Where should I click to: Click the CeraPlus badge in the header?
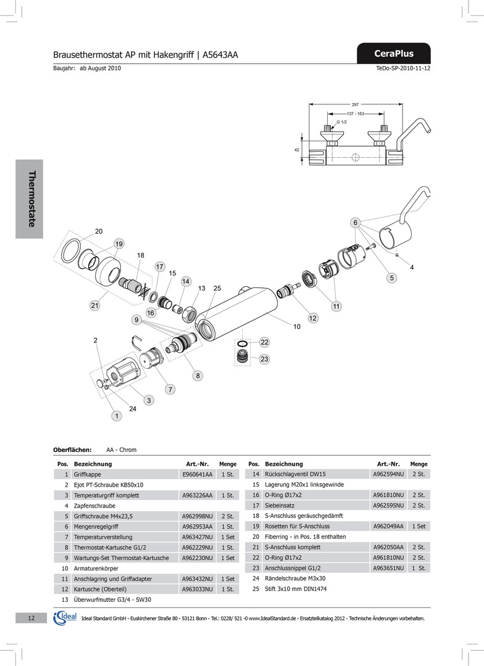[394, 54]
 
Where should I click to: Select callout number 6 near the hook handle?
[356, 222]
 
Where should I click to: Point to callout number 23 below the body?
[264, 358]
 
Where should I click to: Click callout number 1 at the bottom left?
[115, 416]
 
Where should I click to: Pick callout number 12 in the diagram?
[313, 318]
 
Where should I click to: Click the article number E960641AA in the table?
[198, 474]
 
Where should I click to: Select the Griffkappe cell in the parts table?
[88, 474]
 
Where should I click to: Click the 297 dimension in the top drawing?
[355, 105]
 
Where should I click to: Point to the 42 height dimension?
[296, 149]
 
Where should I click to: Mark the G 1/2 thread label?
[341, 123]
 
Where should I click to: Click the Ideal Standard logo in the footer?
[65, 618]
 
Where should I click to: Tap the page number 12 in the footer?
[31, 618]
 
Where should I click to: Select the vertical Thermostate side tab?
[30, 199]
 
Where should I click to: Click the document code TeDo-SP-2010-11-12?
[403, 68]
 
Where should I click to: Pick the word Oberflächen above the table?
[73, 450]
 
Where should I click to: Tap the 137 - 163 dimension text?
[355, 114]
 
